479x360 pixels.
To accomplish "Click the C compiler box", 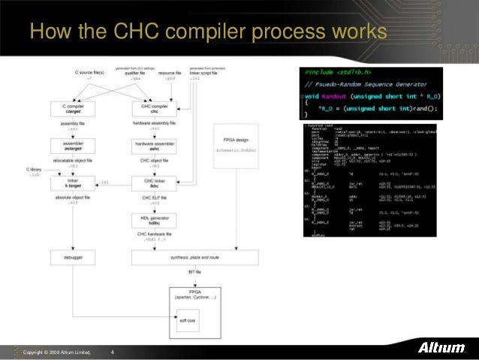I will pos(73,110).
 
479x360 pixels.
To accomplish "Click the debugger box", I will pos(73,258).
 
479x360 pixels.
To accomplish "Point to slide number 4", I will pos(113,352).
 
